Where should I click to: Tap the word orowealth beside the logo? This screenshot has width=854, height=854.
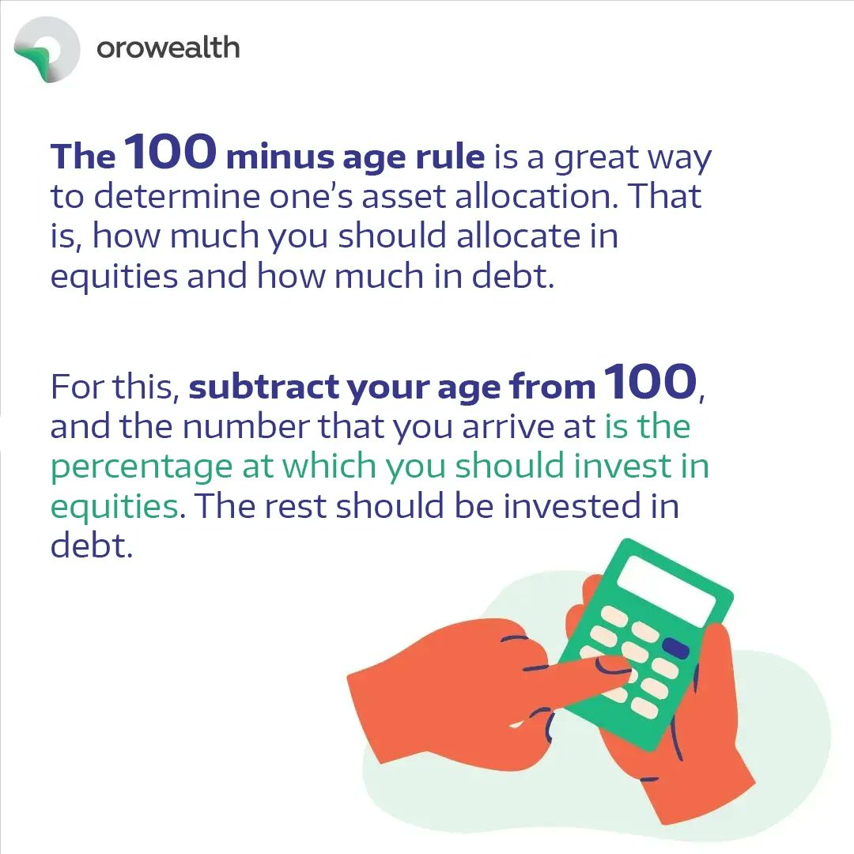pyautogui.click(x=168, y=47)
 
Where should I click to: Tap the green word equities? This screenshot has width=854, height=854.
pyautogui.click(x=114, y=507)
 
